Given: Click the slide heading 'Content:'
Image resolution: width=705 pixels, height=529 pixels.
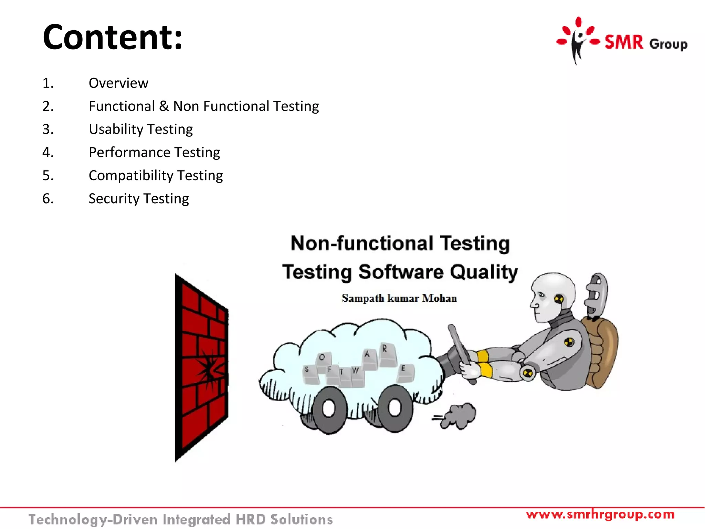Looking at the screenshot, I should (113, 37).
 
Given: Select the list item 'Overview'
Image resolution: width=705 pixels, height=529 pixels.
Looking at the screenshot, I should (118, 83).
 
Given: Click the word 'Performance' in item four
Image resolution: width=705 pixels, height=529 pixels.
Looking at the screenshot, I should (129, 153).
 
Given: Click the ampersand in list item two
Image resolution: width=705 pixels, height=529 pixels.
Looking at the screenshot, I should (164, 106).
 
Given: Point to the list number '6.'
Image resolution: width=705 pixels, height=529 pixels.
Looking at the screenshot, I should (48, 199).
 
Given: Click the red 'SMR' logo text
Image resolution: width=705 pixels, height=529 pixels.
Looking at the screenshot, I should (624, 43).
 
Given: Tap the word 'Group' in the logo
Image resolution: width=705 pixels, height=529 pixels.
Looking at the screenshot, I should (668, 44).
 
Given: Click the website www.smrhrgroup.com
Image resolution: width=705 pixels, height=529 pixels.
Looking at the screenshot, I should (600, 515).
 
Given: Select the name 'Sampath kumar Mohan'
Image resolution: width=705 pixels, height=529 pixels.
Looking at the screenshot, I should (399, 298).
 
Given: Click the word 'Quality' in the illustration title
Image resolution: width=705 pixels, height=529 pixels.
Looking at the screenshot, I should (484, 272).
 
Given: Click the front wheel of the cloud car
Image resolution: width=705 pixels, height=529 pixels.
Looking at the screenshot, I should (329, 408).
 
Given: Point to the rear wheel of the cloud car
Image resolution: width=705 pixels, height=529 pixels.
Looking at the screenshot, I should (395, 407).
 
